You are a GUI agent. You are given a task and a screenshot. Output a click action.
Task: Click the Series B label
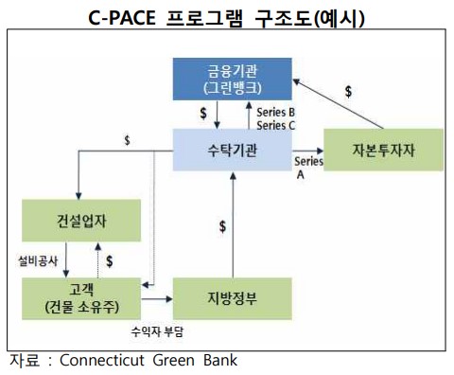[x=277, y=112]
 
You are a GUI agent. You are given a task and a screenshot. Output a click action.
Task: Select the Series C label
[x=277, y=124]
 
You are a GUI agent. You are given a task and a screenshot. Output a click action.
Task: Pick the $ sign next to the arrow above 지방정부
[x=222, y=227]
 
